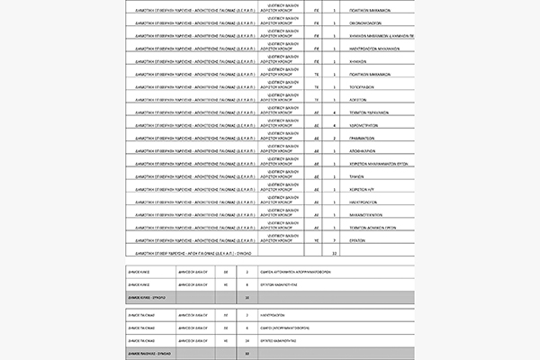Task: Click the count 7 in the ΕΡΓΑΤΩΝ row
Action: tap(334, 241)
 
